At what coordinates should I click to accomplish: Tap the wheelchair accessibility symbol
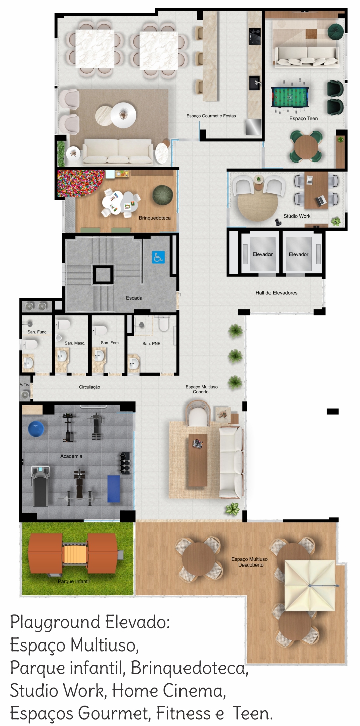(x=158, y=257)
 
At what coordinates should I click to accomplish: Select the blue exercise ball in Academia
(x=36, y=429)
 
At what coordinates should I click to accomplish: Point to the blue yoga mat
(x=114, y=489)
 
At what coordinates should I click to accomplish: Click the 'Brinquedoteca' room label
(x=154, y=218)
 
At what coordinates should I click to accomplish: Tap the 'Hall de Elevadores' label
(x=277, y=293)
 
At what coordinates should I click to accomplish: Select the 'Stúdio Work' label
(x=297, y=216)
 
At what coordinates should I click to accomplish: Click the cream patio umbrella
(x=310, y=586)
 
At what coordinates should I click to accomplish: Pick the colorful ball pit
(x=78, y=183)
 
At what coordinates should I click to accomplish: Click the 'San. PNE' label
(x=151, y=343)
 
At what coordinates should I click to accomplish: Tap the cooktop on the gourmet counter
(x=255, y=36)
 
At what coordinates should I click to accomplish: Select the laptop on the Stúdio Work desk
(x=321, y=201)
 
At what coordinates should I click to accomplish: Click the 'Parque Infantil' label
(x=74, y=581)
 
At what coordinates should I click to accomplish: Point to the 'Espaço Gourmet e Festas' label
(x=211, y=116)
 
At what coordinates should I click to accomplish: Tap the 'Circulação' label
(x=89, y=387)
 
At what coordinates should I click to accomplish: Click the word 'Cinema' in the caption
(x=194, y=690)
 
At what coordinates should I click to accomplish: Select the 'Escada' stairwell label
(x=134, y=298)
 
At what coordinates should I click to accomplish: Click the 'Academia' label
(x=71, y=456)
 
